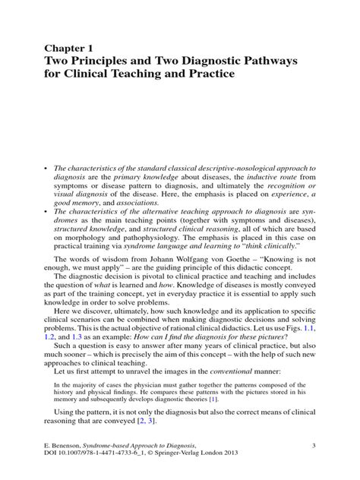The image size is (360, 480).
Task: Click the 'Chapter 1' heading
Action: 74,48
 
